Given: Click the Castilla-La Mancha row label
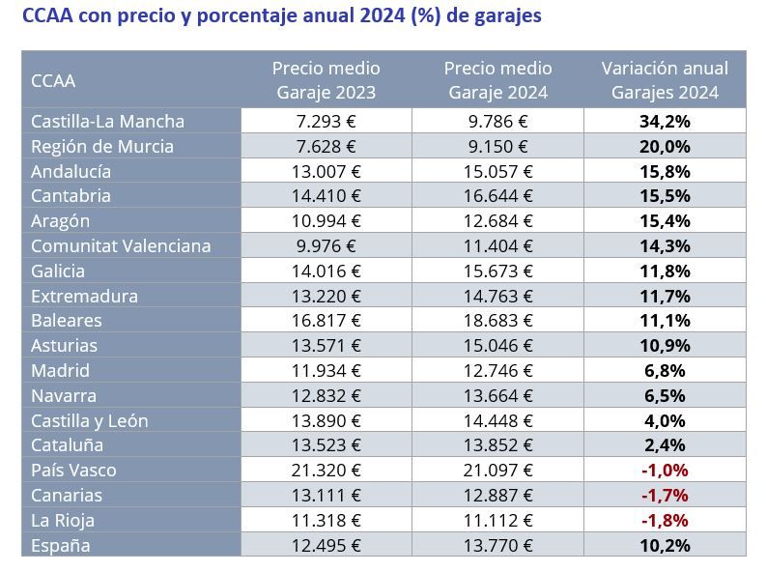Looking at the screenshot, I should (x=107, y=122).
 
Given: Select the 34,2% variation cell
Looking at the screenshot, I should (x=665, y=122).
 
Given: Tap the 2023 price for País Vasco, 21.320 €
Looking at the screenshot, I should (x=326, y=471).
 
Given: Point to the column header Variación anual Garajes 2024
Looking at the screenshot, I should (x=665, y=80).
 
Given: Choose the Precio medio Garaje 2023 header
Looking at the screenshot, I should (x=326, y=80).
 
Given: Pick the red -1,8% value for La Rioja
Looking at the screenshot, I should (x=665, y=521).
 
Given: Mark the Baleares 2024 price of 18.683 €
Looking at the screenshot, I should (x=497, y=321).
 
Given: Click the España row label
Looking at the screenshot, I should (x=61, y=546).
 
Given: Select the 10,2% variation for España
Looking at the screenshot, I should (x=665, y=546).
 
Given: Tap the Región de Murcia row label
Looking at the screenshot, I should (x=102, y=147).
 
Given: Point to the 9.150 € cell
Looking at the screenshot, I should (x=497, y=147).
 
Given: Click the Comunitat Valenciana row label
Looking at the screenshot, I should (x=121, y=246).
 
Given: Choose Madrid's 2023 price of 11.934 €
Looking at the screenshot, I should (x=326, y=371).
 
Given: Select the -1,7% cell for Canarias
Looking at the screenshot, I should (x=665, y=496).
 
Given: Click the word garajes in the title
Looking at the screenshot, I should (x=507, y=16).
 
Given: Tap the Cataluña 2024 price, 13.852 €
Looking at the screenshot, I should (x=497, y=445).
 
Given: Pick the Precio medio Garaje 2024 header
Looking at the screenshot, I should (x=497, y=80).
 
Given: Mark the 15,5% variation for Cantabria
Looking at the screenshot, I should (x=665, y=196).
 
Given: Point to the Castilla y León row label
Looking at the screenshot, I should (x=90, y=421).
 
